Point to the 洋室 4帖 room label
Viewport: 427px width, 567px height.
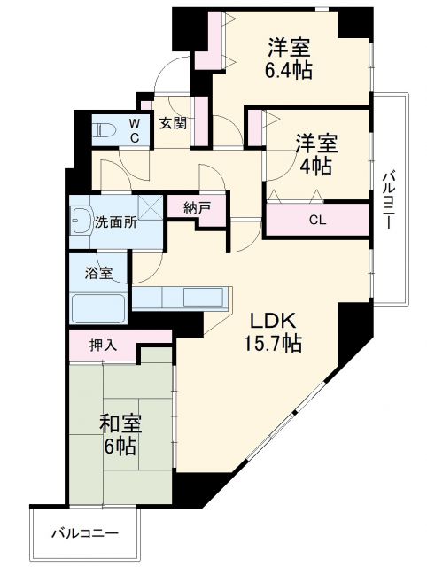click(314, 152)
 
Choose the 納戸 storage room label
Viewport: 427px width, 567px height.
click(197, 209)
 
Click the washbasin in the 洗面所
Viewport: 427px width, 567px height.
click(80, 219)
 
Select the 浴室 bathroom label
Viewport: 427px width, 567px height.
click(98, 273)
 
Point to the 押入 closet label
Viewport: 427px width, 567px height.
click(103, 343)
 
